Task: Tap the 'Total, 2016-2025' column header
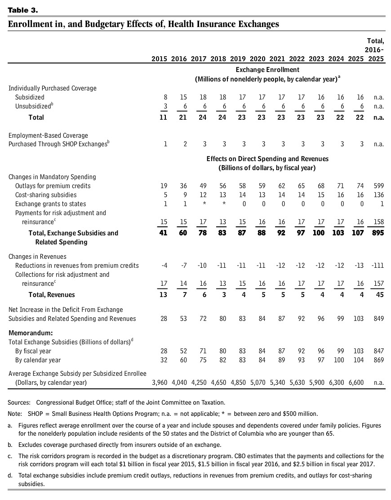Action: [375, 50]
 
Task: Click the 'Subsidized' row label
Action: [30, 97]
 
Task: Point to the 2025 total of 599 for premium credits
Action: [378, 185]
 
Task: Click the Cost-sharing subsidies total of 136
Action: [378, 195]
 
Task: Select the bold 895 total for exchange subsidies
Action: [378, 233]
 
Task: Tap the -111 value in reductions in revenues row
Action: [377, 265]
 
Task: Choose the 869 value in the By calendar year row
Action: [378, 360]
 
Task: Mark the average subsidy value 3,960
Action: [160, 383]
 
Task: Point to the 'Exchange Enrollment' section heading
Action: [267, 70]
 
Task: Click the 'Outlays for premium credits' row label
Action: [53, 185]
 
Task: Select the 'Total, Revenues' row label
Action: [45, 295]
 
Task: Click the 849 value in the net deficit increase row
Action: [378, 319]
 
